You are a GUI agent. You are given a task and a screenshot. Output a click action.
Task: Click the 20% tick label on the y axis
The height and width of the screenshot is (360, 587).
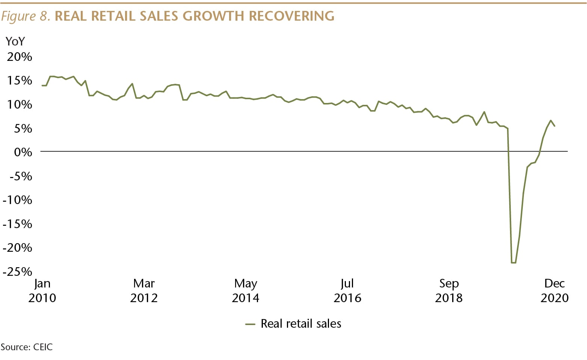click(x=20, y=57)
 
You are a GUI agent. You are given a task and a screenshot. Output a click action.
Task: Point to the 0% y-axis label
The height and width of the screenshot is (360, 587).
click(x=23, y=152)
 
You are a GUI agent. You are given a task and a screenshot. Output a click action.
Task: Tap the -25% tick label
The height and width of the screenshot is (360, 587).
click(x=18, y=271)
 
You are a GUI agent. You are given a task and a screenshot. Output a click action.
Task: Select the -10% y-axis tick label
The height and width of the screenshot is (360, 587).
click(x=18, y=200)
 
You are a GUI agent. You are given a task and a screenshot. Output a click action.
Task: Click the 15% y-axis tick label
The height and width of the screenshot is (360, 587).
click(x=20, y=80)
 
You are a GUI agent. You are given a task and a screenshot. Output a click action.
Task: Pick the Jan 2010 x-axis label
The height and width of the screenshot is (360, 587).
click(x=42, y=290)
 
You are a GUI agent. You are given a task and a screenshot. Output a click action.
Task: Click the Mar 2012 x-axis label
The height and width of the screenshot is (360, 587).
click(x=144, y=290)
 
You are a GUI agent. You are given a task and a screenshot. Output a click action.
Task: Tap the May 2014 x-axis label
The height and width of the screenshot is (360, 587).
click(x=246, y=290)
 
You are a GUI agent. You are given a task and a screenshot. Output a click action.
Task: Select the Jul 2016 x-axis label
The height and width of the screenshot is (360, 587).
click(x=347, y=290)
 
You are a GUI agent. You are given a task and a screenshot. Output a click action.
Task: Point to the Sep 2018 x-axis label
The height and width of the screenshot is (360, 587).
click(x=449, y=290)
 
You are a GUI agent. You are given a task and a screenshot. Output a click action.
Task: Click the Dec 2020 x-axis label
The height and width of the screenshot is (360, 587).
click(x=555, y=290)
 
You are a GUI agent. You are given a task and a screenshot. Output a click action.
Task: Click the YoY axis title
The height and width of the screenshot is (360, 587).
click(x=15, y=41)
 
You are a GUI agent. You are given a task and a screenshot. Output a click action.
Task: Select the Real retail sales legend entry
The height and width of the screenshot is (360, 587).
click(x=300, y=324)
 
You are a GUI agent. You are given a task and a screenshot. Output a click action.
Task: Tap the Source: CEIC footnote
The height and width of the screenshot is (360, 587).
click(x=27, y=347)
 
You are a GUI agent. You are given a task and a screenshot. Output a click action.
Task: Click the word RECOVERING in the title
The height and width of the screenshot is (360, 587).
click(x=291, y=16)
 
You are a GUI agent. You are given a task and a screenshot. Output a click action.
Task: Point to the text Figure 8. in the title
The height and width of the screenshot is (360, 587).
click(x=26, y=16)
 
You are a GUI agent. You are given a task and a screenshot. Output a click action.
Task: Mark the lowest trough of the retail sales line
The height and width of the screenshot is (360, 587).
click(x=513, y=263)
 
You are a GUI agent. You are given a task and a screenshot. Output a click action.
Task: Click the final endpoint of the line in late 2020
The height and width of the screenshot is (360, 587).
click(x=555, y=126)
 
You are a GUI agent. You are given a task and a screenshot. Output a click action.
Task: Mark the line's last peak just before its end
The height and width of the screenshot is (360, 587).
click(x=551, y=121)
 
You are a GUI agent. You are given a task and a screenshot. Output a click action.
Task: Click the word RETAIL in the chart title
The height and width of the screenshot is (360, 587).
click(x=114, y=16)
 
